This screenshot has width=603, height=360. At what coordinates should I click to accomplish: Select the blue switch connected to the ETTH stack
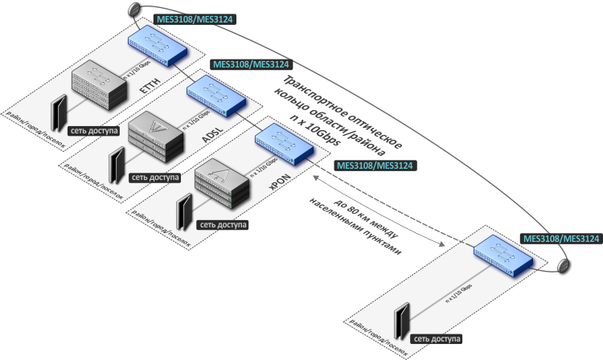pyautogui.click(x=158, y=47)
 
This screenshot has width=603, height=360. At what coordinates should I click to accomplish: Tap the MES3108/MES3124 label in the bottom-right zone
pyautogui.click(x=561, y=238)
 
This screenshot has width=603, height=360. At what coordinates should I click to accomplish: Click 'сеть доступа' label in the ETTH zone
pyautogui.click(x=96, y=129)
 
